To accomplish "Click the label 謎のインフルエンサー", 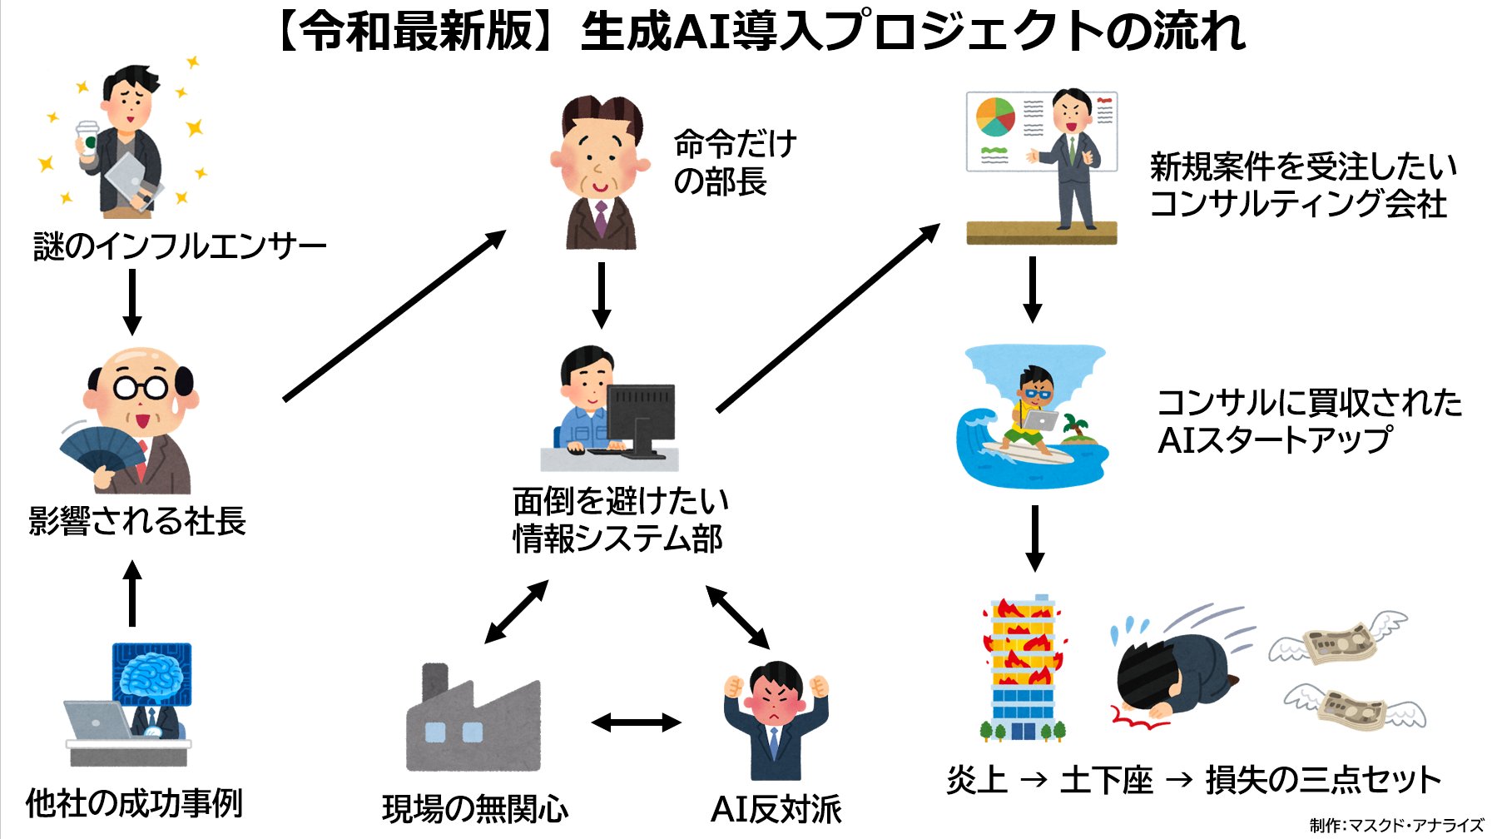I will tap(180, 246).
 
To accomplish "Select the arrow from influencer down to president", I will tap(131, 301).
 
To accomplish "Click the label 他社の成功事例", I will tap(134, 803).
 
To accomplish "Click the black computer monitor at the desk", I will tap(642, 416).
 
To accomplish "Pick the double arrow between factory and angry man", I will tap(636, 722).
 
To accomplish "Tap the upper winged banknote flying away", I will tap(1339, 640).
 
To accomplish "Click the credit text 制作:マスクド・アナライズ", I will tap(1395, 825).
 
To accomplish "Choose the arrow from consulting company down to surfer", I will tap(1032, 289).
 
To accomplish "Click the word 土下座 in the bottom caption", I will tap(1106, 781).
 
